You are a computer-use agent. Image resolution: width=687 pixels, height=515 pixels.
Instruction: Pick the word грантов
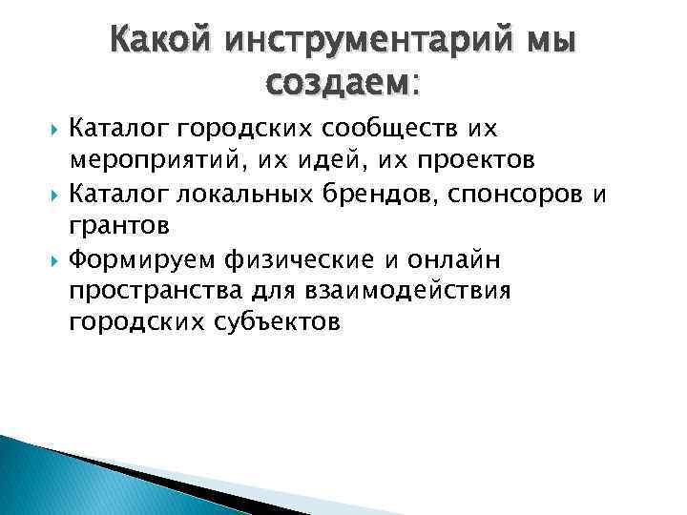pyautogui.click(x=119, y=226)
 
